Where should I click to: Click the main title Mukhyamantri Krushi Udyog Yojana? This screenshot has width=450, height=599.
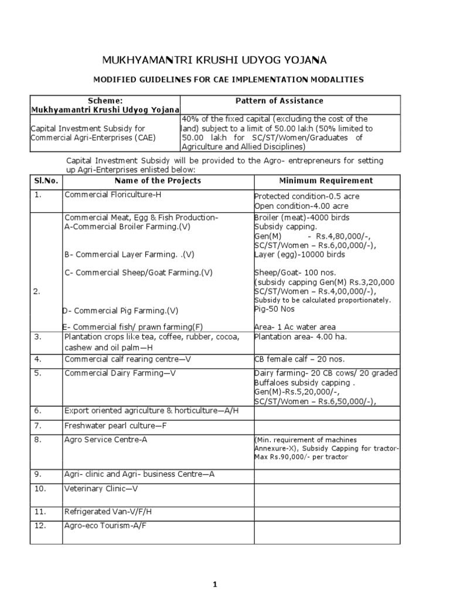click(215, 60)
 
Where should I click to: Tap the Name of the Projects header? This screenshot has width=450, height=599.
click(158, 180)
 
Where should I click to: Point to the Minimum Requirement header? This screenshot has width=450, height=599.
click(325, 180)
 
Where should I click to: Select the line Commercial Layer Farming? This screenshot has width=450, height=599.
click(128, 254)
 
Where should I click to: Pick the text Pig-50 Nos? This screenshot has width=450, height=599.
click(274, 309)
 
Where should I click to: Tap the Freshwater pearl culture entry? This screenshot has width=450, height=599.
click(115, 425)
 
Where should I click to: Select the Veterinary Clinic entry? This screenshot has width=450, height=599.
click(100, 488)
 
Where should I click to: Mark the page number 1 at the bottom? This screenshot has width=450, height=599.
click(216, 583)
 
